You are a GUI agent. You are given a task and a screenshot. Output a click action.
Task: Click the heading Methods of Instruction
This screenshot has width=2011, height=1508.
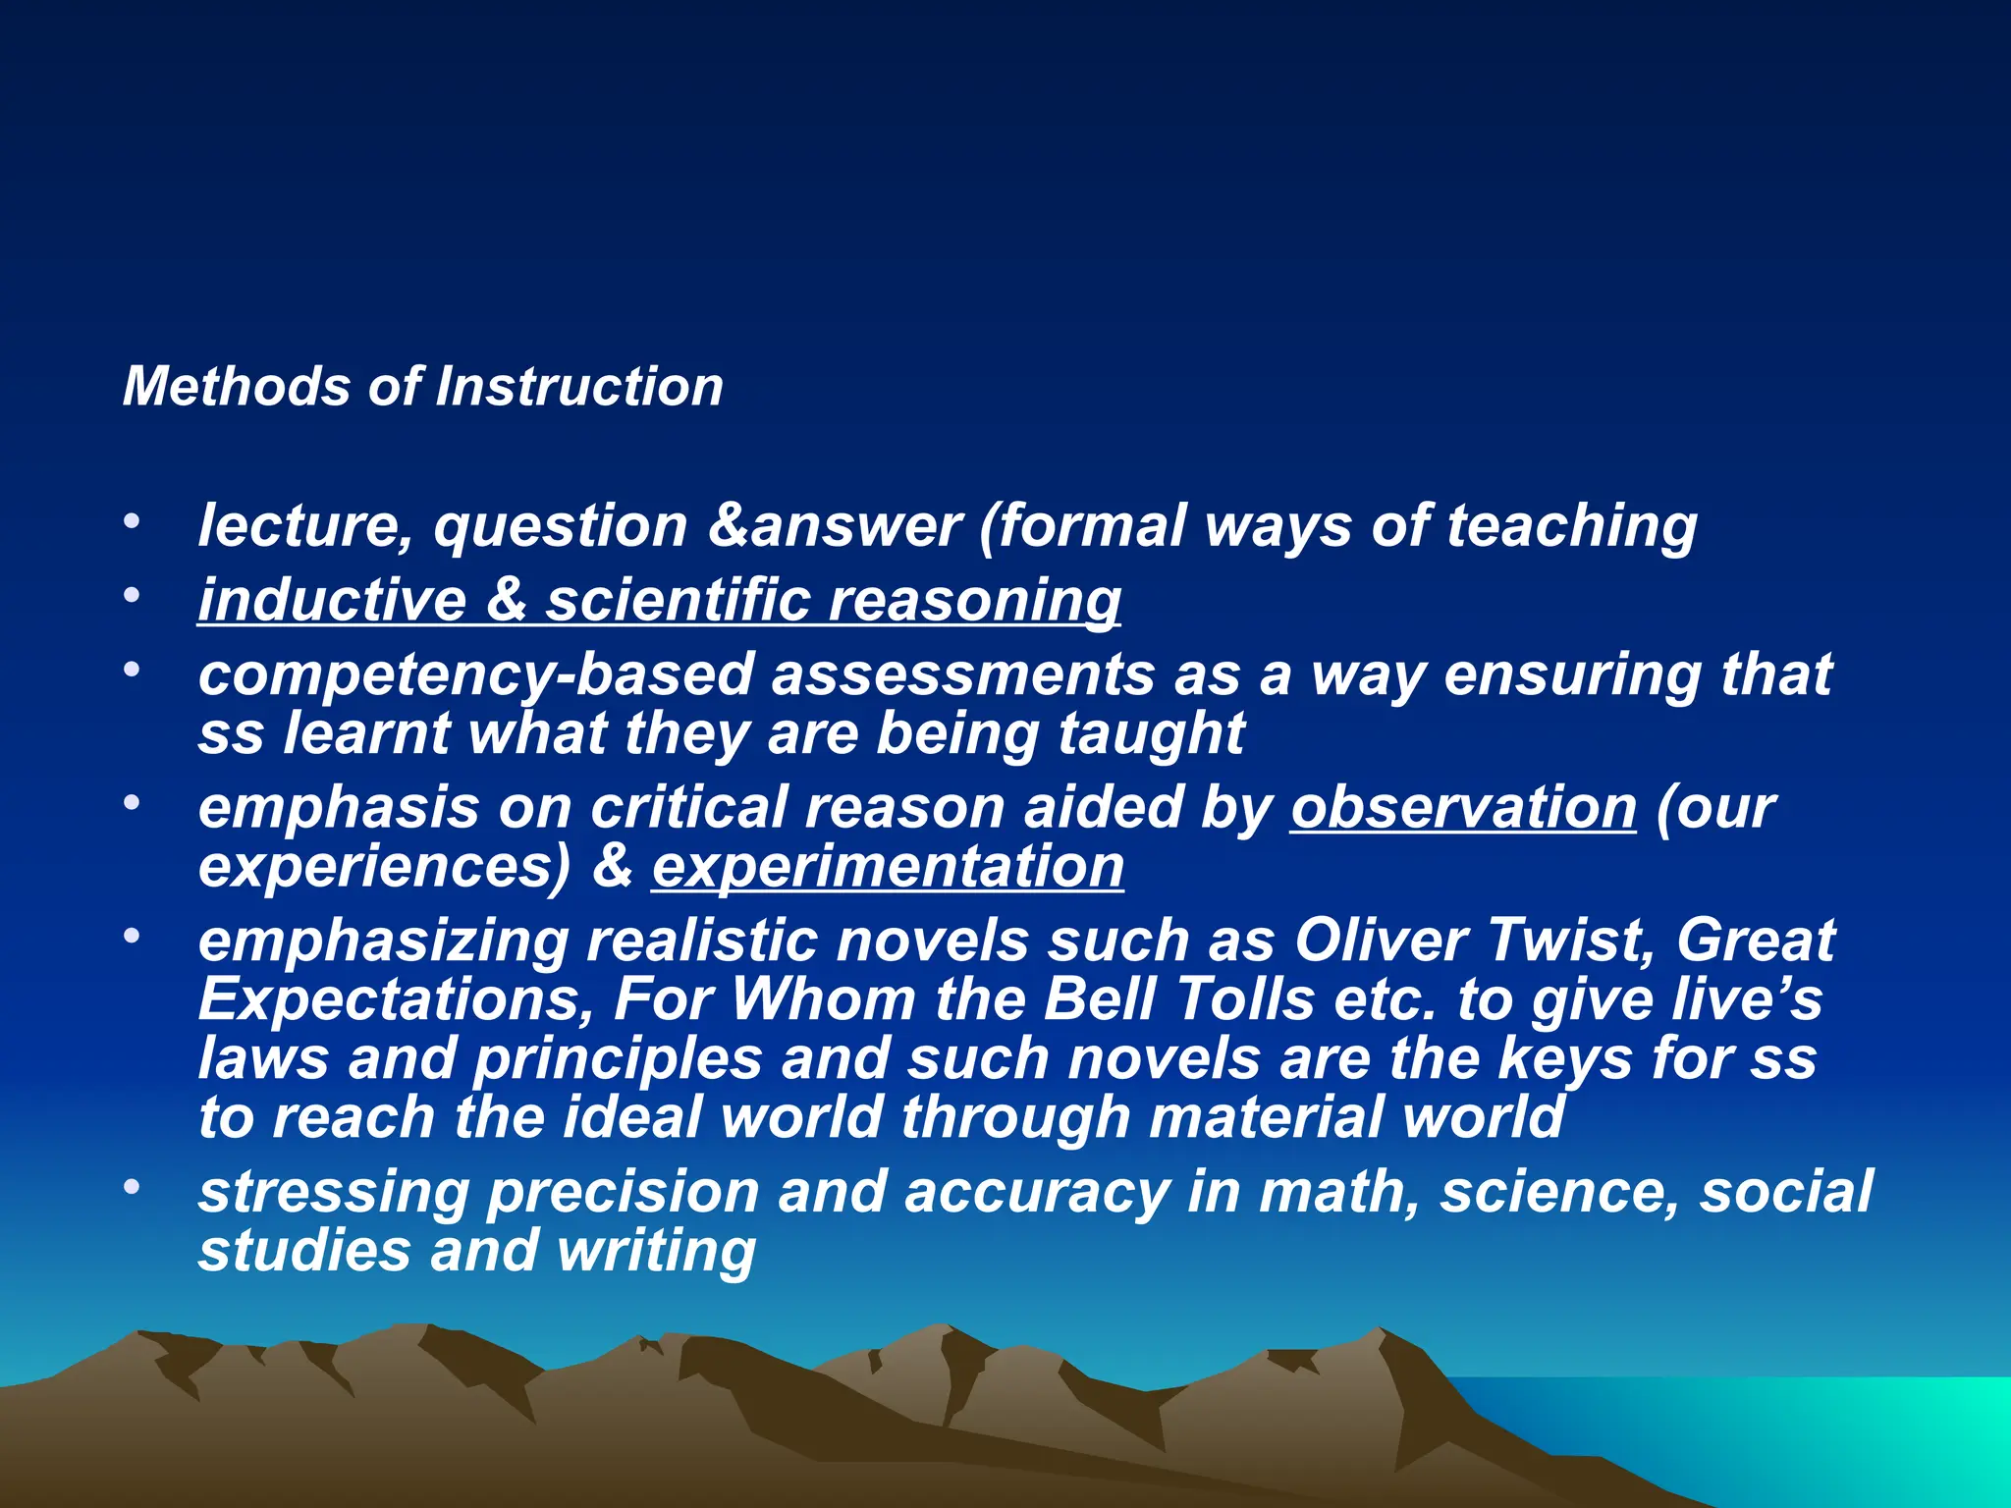[422, 386]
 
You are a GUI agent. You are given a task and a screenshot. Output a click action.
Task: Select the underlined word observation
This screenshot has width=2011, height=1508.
[1463, 808]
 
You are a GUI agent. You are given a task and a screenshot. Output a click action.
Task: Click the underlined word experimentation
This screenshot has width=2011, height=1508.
[888, 868]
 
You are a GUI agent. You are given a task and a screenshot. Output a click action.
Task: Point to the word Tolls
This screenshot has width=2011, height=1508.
[1244, 1000]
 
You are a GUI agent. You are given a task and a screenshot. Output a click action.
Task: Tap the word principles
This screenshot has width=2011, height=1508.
[618, 1060]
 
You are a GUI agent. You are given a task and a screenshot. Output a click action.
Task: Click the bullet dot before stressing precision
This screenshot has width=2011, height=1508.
[132, 1188]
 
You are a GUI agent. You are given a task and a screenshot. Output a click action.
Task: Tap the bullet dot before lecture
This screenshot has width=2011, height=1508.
[132, 521]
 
